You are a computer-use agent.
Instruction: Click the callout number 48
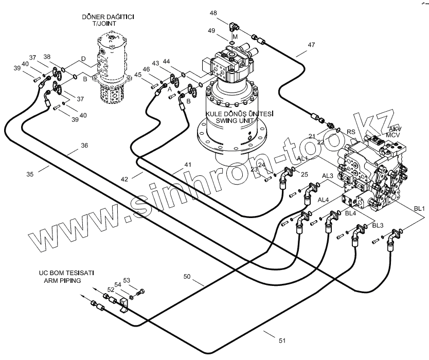pyautogui.click(x=213, y=13)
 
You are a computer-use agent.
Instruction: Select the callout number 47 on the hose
pyautogui.click(x=311, y=45)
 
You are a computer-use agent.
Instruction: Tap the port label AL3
pyautogui.click(x=328, y=176)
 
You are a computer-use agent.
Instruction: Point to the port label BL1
pyautogui.click(x=419, y=208)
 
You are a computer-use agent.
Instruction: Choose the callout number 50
pyautogui.click(x=187, y=277)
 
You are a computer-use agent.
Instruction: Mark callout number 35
pyautogui.click(x=30, y=174)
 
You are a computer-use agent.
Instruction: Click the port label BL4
pyautogui.click(x=351, y=213)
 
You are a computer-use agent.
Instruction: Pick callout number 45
pyautogui.click(x=138, y=75)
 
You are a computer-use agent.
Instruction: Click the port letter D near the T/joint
pyautogui.click(x=83, y=60)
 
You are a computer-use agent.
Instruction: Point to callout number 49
pyautogui.click(x=225, y=30)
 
